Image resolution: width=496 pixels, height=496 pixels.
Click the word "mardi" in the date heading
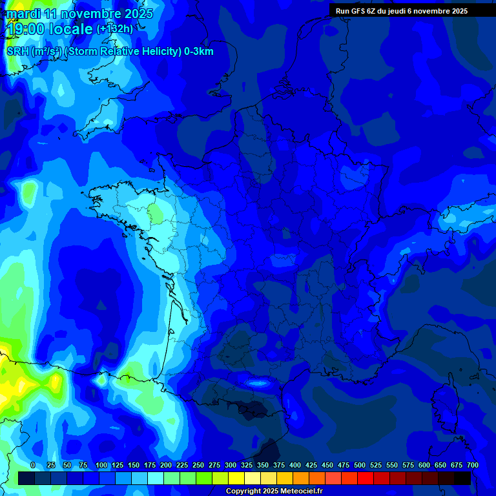click(x=23, y=14)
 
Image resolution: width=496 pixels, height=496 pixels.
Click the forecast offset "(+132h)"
click(x=115, y=29)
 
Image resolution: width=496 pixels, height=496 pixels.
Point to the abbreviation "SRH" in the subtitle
click(x=17, y=52)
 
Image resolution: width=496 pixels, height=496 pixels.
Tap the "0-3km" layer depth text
click(x=199, y=52)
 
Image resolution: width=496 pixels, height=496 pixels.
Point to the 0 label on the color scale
click(x=33, y=465)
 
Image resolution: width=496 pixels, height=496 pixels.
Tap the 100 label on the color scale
click(x=101, y=465)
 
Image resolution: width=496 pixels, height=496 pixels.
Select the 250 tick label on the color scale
click(x=198, y=465)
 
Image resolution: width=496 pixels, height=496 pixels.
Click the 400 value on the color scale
click(x=295, y=465)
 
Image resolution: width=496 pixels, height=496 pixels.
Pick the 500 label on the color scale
click(x=360, y=465)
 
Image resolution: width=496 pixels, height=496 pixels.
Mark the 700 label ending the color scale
click(x=472, y=465)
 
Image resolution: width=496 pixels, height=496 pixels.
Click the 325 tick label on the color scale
click(x=247, y=465)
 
